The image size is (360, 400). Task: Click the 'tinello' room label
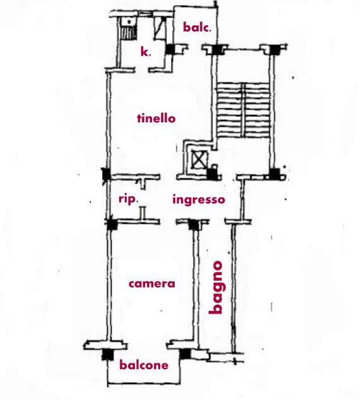pyautogui.click(x=156, y=119)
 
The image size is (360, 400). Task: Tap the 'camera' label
pyautogui.click(x=152, y=284)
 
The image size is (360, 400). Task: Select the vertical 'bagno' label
pyautogui.click(x=216, y=287)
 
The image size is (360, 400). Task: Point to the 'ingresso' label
pyautogui.click(x=199, y=199)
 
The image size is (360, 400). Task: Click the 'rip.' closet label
pyautogui.click(x=129, y=199)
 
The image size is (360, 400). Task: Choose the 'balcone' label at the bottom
pyautogui.click(x=144, y=365)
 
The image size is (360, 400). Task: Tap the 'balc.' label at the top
pyautogui.click(x=197, y=27)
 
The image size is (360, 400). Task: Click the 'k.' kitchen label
pyautogui.click(x=146, y=52)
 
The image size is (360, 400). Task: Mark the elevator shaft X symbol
pyautogui.click(x=200, y=160)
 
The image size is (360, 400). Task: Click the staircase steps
pyautogui.click(x=243, y=110)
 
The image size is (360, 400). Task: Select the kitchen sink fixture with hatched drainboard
pyautogui.click(x=128, y=28)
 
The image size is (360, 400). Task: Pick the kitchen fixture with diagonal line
pyautogui.click(x=160, y=28)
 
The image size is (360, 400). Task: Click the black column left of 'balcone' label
pyautogui.click(x=108, y=355)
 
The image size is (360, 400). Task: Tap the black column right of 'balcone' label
pyautogui.click(x=185, y=353)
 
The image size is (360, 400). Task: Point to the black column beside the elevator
pyautogui.click(x=212, y=174)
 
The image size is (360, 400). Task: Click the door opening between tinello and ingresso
pyautogui.click(x=168, y=177)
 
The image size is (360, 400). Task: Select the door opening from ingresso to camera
pyautogui.click(x=168, y=221)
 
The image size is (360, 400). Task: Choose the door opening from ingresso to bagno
pyautogui.click(x=217, y=221)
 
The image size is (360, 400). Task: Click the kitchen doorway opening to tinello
pyautogui.click(x=142, y=70)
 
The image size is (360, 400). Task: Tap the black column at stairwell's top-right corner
pyautogui.click(x=275, y=49)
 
